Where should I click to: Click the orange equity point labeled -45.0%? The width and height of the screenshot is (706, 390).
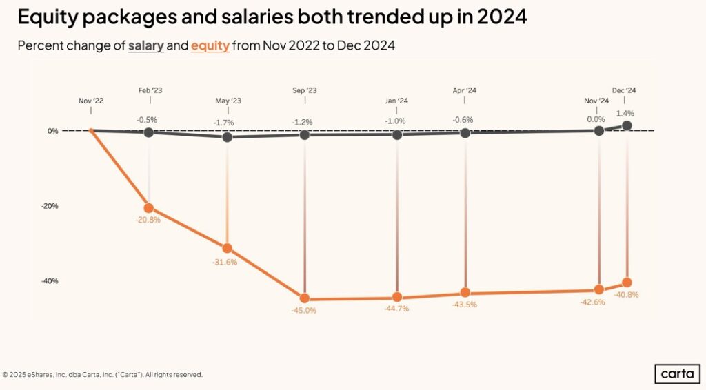pos(304,298)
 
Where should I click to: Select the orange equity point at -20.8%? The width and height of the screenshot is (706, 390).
pos(149,208)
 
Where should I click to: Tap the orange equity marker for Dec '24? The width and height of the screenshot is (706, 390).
pos(627,283)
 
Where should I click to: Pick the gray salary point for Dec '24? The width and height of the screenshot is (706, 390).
pos(627,125)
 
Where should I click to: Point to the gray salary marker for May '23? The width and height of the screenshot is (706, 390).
pos(228,136)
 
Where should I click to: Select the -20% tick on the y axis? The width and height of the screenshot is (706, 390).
pos(49,206)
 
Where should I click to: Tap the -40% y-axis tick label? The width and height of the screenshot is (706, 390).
pos(49,281)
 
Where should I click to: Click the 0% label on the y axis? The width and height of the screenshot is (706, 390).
pos(53,131)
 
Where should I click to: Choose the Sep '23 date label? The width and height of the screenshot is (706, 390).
pos(304,90)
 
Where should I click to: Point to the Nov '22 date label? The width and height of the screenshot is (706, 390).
pos(90,101)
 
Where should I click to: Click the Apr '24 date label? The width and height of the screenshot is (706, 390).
pos(465,90)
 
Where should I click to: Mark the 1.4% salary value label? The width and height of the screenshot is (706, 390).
pos(625,113)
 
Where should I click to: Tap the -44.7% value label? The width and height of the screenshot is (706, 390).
pos(396,309)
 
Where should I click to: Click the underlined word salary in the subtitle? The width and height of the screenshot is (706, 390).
pos(145,45)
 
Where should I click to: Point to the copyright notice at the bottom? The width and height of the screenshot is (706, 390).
pos(103,375)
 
